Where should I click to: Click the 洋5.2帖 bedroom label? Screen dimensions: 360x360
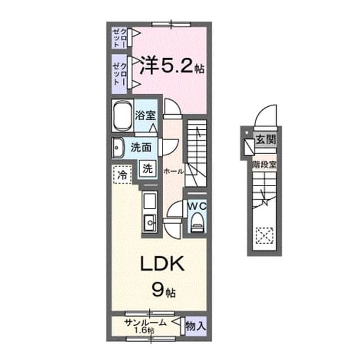[x=172, y=66]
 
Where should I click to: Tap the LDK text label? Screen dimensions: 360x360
[x=163, y=264]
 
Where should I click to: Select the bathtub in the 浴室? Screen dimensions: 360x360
[x=123, y=116]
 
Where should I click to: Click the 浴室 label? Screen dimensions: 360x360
[x=145, y=115]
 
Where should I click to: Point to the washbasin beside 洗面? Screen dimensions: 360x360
[x=118, y=147]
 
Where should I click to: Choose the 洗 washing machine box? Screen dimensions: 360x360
[x=147, y=169]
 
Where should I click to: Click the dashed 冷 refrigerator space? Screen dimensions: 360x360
[x=123, y=175]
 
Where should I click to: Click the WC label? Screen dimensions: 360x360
[x=197, y=206]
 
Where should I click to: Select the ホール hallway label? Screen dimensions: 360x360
[x=173, y=171]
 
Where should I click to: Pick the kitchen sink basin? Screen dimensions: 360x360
[x=150, y=223]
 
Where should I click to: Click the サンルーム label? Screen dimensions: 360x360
[x=145, y=323]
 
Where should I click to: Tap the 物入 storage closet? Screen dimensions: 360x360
[x=196, y=326]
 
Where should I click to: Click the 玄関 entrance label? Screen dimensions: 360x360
[x=265, y=139]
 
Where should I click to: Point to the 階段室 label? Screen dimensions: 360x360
[x=264, y=164]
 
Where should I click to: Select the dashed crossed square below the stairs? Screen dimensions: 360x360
[x=265, y=235]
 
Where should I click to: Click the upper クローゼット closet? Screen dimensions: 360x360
[x=120, y=38]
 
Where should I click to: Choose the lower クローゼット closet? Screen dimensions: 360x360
[x=120, y=74]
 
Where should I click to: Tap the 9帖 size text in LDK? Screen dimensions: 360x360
[x=164, y=291]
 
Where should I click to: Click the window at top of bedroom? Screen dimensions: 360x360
[x=171, y=24]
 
